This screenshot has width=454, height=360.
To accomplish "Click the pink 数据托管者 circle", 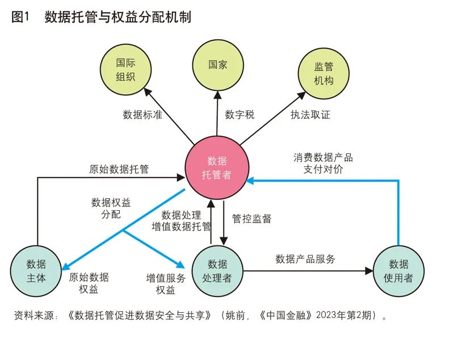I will click(x=216, y=168).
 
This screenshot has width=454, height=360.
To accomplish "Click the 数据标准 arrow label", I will click(x=142, y=114).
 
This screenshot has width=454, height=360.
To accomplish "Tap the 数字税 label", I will click(x=239, y=114).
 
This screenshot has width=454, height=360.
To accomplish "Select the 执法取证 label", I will click(x=310, y=114).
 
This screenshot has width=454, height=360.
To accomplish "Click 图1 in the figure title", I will click(x=20, y=18).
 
